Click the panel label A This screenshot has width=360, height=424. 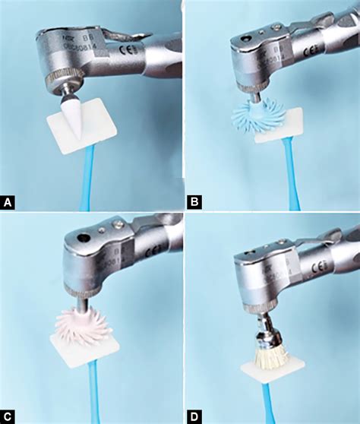8,202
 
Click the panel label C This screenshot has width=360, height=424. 8,416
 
